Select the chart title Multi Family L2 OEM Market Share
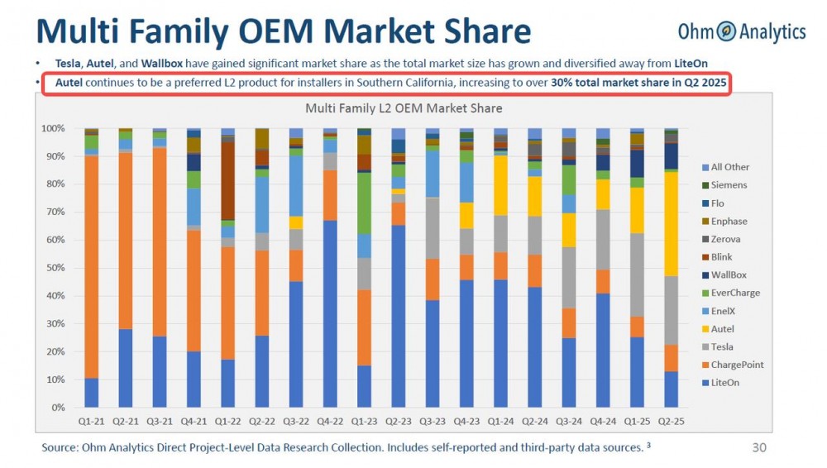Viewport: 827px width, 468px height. [x=404, y=108]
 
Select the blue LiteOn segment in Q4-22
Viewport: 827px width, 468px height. [x=329, y=314]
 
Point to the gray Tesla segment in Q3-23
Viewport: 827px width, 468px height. [x=432, y=228]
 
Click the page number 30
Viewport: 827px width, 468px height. [x=758, y=448]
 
